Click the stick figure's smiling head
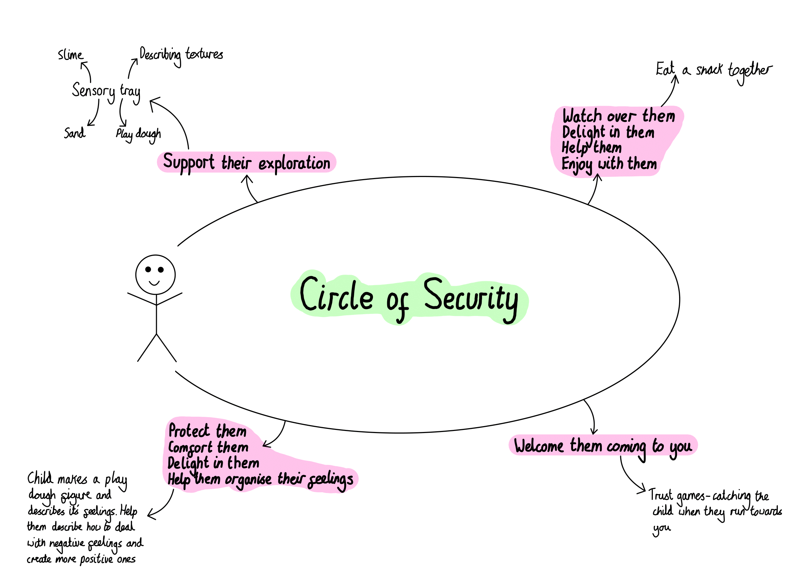point(155,274)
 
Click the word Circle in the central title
point(336,294)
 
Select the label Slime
point(71,55)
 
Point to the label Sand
point(74,133)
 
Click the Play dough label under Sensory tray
point(138,134)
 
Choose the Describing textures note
point(181,55)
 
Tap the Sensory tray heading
point(106,91)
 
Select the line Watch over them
point(618,116)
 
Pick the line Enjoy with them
point(609,164)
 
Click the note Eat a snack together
point(713,70)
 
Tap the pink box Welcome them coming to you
point(603,446)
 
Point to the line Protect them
point(207,431)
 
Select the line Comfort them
point(208,447)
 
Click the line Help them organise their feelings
point(260,479)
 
